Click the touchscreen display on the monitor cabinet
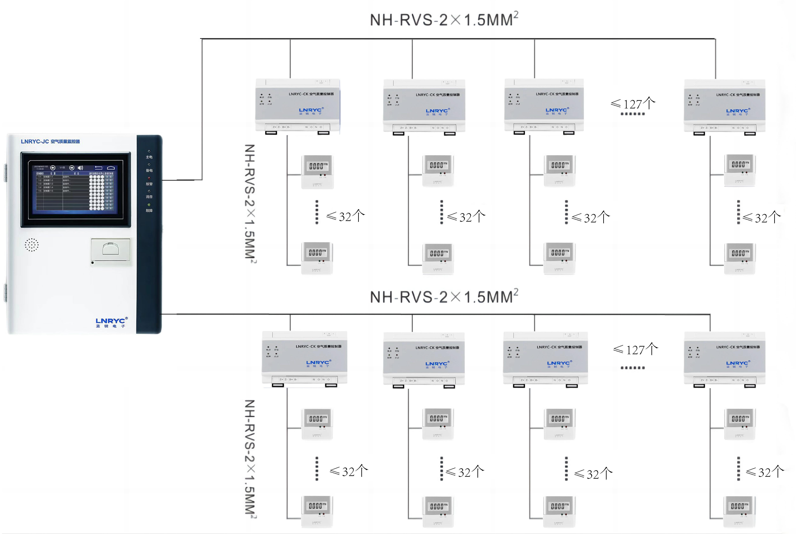pyautogui.click(x=76, y=189)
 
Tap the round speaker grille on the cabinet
pyautogui.click(x=32, y=245)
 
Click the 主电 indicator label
pyautogui.click(x=149, y=157)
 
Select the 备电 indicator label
pyautogui.click(x=149, y=170)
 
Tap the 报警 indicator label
pyautogui.click(x=149, y=184)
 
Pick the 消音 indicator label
pyautogui.click(x=149, y=197)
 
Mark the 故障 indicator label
pyautogui.click(x=149, y=210)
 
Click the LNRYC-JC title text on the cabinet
pyautogui.click(x=50, y=141)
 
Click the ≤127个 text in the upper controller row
pyautogui.click(x=633, y=104)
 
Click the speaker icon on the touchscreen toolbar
pyautogui.click(x=80, y=168)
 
